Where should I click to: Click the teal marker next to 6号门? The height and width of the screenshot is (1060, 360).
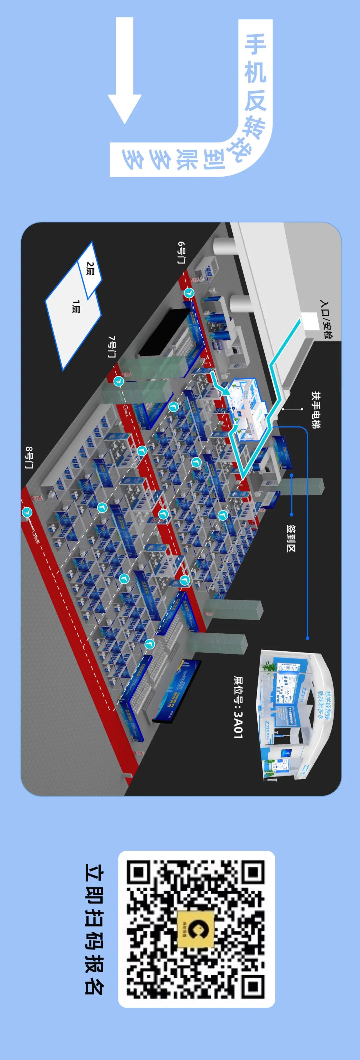(189, 293)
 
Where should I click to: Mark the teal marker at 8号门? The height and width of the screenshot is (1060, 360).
(27, 512)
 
